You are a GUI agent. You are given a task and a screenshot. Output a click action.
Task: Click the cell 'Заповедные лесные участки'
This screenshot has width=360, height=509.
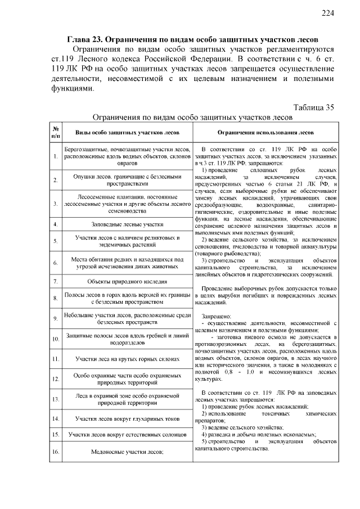pos(128,224)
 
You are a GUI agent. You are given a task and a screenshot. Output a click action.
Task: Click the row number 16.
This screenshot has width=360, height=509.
pos(56,452)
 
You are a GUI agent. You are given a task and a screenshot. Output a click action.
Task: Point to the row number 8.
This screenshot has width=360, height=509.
pos(56,299)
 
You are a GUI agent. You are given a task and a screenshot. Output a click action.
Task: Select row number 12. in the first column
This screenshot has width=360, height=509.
pos(56,379)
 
